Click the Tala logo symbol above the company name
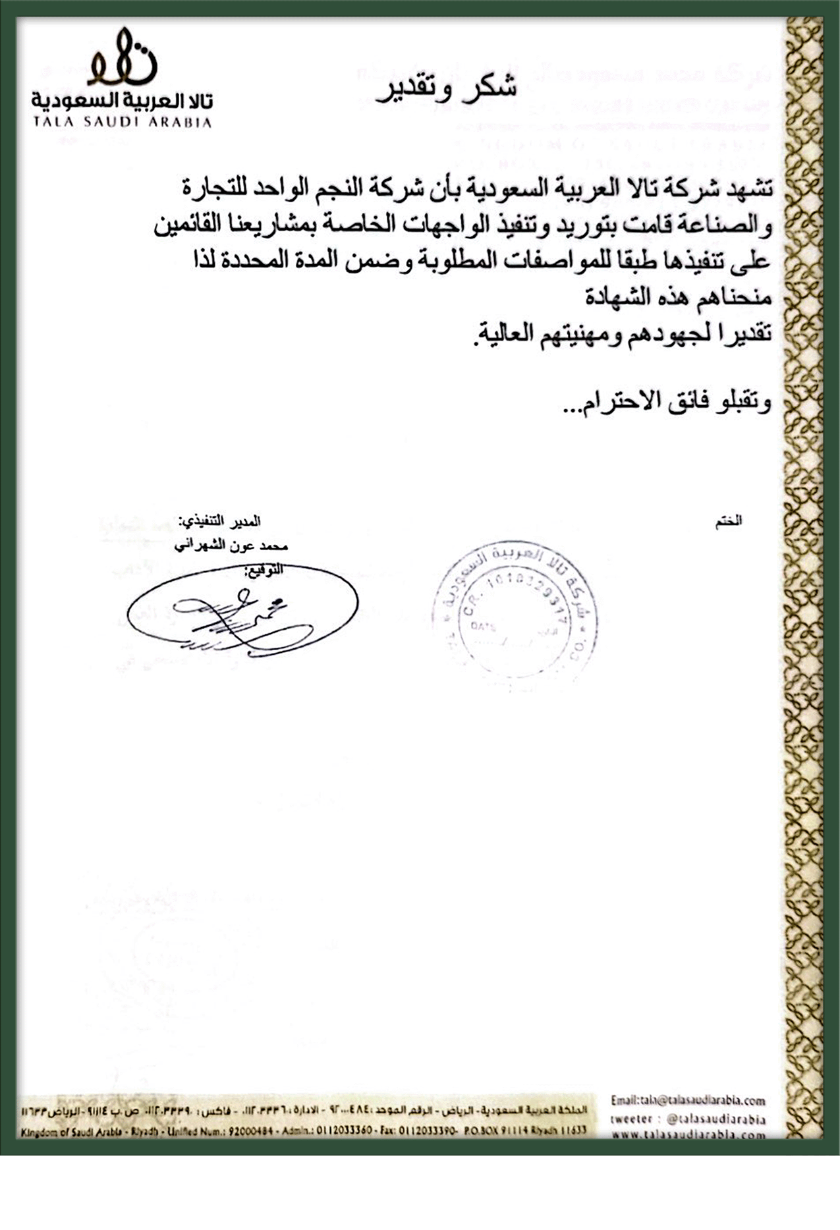(x=123, y=57)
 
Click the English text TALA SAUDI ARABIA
(x=122, y=123)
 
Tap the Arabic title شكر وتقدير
(x=446, y=89)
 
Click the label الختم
(x=729, y=521)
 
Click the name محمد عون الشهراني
(x=231, y=546)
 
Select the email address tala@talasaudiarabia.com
(x=688, y=1100)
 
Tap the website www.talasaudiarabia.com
(x=688, y=1134)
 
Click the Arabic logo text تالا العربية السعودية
(x=122, y=101)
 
